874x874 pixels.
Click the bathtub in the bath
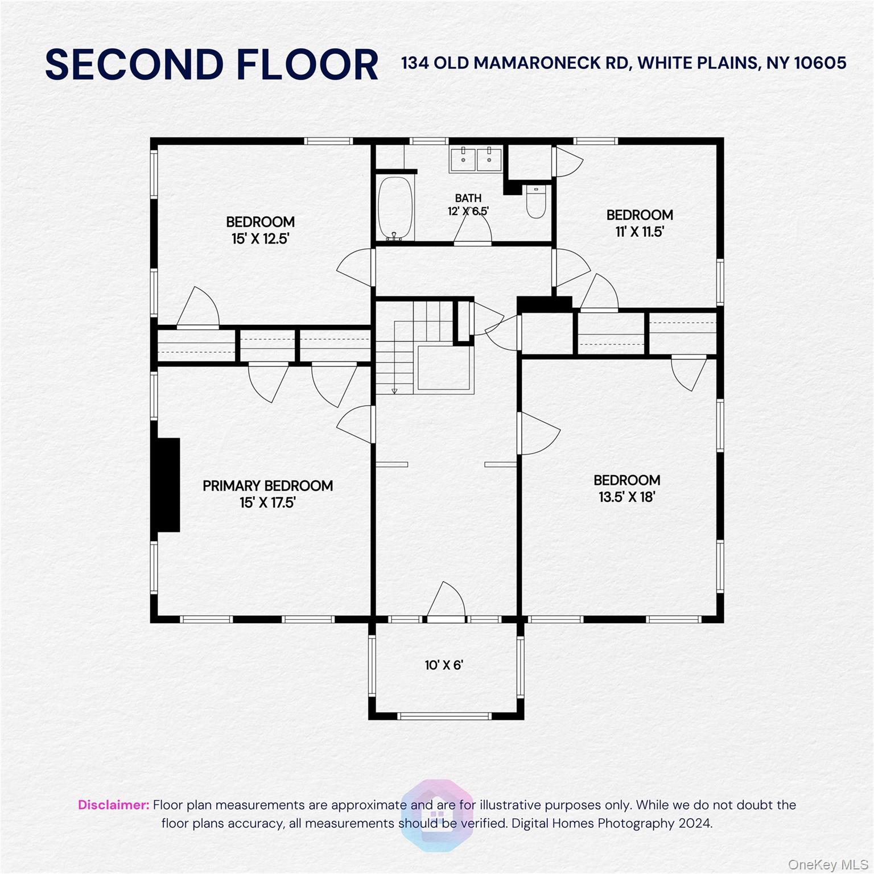click(x=395, y=208)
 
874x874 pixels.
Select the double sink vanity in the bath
click(x=476, y=159)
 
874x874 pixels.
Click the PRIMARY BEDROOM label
click(x=267, y=486)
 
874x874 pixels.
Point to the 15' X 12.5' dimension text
click(x=260, y=238)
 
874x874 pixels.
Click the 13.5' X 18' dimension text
click(x=626, y=497)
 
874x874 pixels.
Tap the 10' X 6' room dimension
click(x=444, y=665)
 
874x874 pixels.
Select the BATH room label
click(x=468, y=198)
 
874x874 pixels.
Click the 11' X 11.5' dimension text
click(x=640, y=232)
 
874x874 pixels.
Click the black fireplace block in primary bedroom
click(x=168, y=485)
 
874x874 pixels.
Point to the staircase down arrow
click(x=394, y=390)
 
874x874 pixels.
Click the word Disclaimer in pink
click(x=113, y=805)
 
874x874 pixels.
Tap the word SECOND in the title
click(x=134, y=64)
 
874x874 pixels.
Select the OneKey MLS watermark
click(x=828, y=865)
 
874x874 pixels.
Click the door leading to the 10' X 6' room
click(x=447, y=602)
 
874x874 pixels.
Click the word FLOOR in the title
click(x=307, y=64)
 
